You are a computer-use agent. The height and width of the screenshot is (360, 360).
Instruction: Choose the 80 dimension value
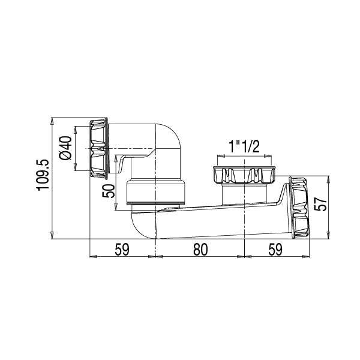200,249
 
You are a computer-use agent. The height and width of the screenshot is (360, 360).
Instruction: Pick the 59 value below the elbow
122,249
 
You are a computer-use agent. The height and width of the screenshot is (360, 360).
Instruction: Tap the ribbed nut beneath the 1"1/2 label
244,175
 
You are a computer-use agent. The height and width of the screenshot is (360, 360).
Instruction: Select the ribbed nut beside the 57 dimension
298,207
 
